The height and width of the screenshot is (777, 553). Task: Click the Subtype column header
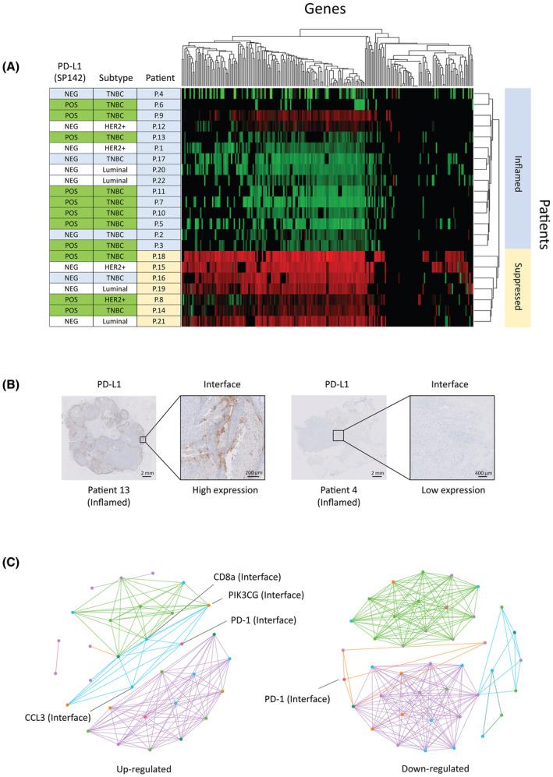[x=114, y=78]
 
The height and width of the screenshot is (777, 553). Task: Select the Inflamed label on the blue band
[x=518, y=168]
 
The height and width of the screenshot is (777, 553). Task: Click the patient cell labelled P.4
[x=158, y=93]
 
